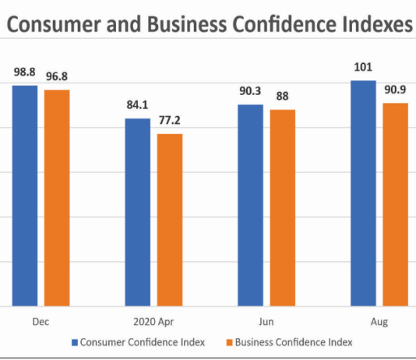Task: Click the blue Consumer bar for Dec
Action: (x=24, y=195)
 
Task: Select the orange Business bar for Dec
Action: (x=56, y=198)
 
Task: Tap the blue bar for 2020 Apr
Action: (x=138, y=212)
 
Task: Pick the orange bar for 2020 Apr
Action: (x=170, y=220)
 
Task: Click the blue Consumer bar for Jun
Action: (x=251, y=205)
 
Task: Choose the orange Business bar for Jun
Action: (x=283, y=207)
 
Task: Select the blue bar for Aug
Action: (x=363, y=192)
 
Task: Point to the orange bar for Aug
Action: (x=395, y=204)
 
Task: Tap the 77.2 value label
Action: (x=171, y=122)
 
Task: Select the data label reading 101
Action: (x=363, y=67)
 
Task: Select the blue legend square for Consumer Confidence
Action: (x=75, y=342)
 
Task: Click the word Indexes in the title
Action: (x=365, y=25)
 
